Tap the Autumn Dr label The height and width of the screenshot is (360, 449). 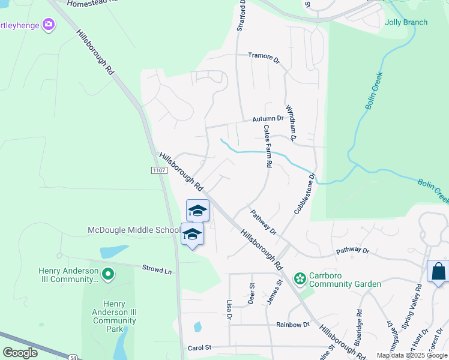tap(271, 119)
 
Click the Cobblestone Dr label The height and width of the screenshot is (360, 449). tap(304, 194)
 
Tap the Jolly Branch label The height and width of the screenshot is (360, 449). tap(406, 23)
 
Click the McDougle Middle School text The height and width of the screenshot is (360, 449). tap(134, 230)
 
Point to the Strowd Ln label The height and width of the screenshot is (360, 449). tap(157, 269)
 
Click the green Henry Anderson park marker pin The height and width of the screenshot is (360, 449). tap(108, 275)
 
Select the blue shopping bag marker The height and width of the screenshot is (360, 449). tap(438, 271)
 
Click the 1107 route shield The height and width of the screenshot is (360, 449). tap(158, 171)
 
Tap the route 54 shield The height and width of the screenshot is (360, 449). tap(73, 357)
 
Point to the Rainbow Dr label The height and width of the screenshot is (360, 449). tap(292, 325)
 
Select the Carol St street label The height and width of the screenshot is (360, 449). tap(200, 347)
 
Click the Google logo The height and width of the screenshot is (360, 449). tap(20, 353)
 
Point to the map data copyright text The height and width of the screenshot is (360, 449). tap(411, 355)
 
